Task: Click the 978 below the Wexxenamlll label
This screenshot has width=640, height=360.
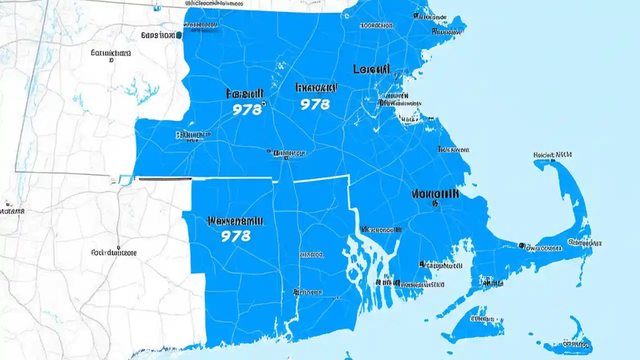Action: pyautogui.click(x=235, y=236)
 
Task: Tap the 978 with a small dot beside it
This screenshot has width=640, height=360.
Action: pyautogui.click(x=247, y=109)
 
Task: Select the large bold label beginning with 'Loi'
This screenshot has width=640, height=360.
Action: pyautogui.click(x=371, y=69)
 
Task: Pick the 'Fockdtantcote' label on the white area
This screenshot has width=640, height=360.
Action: pyautogui.click(x=113, y=253)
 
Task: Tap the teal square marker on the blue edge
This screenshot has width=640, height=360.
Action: pyautogui.click(x=178, y=35)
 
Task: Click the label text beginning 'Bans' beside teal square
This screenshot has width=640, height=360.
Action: pyautogui.click(x=157, y=35)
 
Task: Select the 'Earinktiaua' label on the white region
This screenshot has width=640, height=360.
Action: pyautogui.click(x=110, y=52)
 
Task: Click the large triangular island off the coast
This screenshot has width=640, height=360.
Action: pyautogui.click(x=472, y=322)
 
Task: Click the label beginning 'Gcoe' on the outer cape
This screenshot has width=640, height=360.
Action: pyautogui.click(x=584, y=243)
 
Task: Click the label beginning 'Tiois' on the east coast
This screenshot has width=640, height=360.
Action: pyautogui.click(x=453, y=149)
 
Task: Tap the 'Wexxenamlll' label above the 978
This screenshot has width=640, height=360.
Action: pyautogui.click(x=234, y=220)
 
